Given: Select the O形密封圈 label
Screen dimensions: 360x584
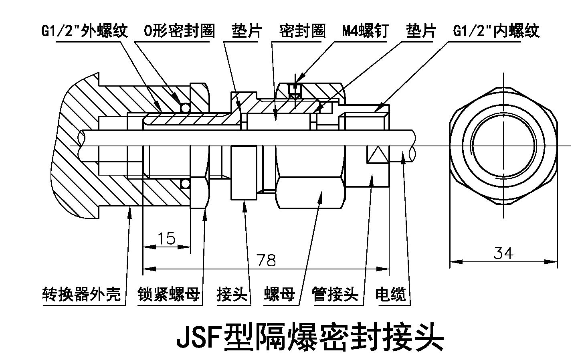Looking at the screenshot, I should (179, 31).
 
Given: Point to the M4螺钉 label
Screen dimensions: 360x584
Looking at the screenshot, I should (366, 31).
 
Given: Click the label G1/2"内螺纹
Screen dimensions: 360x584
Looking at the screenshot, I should (497, 31).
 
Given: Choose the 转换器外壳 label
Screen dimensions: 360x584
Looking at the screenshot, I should (81, 294).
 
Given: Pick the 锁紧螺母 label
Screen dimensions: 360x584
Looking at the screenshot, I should (169, 294).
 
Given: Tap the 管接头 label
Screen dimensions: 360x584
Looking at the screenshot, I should (335, 294).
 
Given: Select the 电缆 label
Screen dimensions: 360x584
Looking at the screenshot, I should (390, 294).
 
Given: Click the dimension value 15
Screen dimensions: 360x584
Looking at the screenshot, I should (166, 239).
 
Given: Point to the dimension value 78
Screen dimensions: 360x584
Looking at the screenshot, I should (266, 261).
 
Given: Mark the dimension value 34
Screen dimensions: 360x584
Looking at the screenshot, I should (503, 253).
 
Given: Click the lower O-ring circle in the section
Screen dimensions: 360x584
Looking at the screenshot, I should (185, 184).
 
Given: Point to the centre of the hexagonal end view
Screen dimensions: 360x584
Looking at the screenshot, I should (503, 145).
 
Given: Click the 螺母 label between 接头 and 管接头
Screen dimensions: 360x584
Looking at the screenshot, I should (279, 294).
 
